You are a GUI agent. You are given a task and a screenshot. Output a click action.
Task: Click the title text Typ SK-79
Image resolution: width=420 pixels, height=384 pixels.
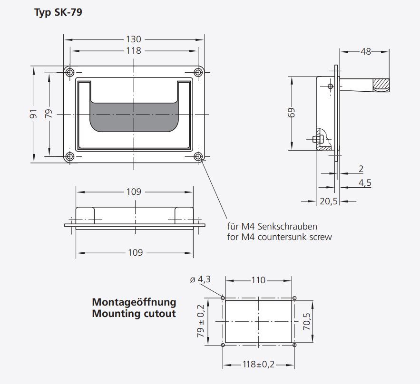click(x=58, y=13)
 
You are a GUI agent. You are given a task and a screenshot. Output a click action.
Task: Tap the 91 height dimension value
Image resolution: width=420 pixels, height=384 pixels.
click(x=33, y=114)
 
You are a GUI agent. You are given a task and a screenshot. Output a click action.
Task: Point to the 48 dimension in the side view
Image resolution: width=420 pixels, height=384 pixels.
click(x=365, y=51)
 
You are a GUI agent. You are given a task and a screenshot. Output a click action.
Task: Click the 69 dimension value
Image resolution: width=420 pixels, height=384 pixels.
click(x=292, y=112)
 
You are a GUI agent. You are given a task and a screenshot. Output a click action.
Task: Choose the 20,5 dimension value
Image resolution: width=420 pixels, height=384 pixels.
click(x=328, y=201)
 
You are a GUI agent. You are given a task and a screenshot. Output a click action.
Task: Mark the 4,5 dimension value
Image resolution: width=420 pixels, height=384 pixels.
click(x=365, y=183)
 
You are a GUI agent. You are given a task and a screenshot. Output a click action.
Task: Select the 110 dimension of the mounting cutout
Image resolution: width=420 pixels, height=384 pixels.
click(x=258, y=280)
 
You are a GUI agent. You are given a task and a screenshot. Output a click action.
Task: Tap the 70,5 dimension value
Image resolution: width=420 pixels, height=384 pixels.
click(x=306, y=321)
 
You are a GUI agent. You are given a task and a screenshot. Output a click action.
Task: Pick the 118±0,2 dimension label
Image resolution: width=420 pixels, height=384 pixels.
click(x=259, y=365)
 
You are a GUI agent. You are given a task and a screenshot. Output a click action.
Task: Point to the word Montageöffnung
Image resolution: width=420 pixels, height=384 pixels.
click(x=134, y=302)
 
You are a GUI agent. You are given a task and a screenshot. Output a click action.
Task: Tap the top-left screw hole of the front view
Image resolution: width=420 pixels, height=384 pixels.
click(x=70, y=72)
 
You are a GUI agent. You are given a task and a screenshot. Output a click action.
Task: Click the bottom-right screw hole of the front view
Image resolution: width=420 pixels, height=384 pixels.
click(x=198, y=156)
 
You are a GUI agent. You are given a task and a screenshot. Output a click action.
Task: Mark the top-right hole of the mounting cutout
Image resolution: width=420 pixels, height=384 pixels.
click(x=294, y=298)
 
